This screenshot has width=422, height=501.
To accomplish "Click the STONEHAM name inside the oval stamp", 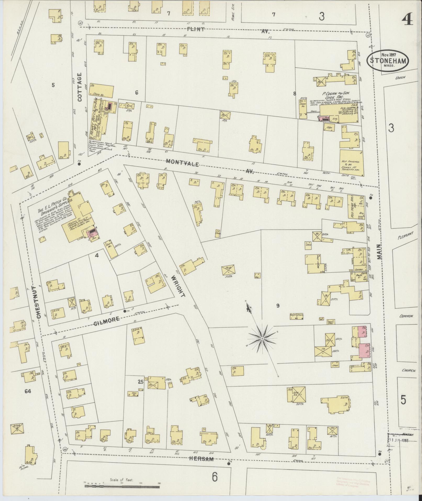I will click(x=388, y=61).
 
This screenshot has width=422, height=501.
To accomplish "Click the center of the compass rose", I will click(x=262, y=339).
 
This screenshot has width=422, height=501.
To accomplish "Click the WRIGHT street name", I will click(x=178, y=286).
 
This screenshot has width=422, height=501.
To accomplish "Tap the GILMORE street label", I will click(x=107, y=320).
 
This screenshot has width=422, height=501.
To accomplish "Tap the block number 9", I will click(x=278, y=305).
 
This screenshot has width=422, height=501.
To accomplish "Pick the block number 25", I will click(x=140, y=382).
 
